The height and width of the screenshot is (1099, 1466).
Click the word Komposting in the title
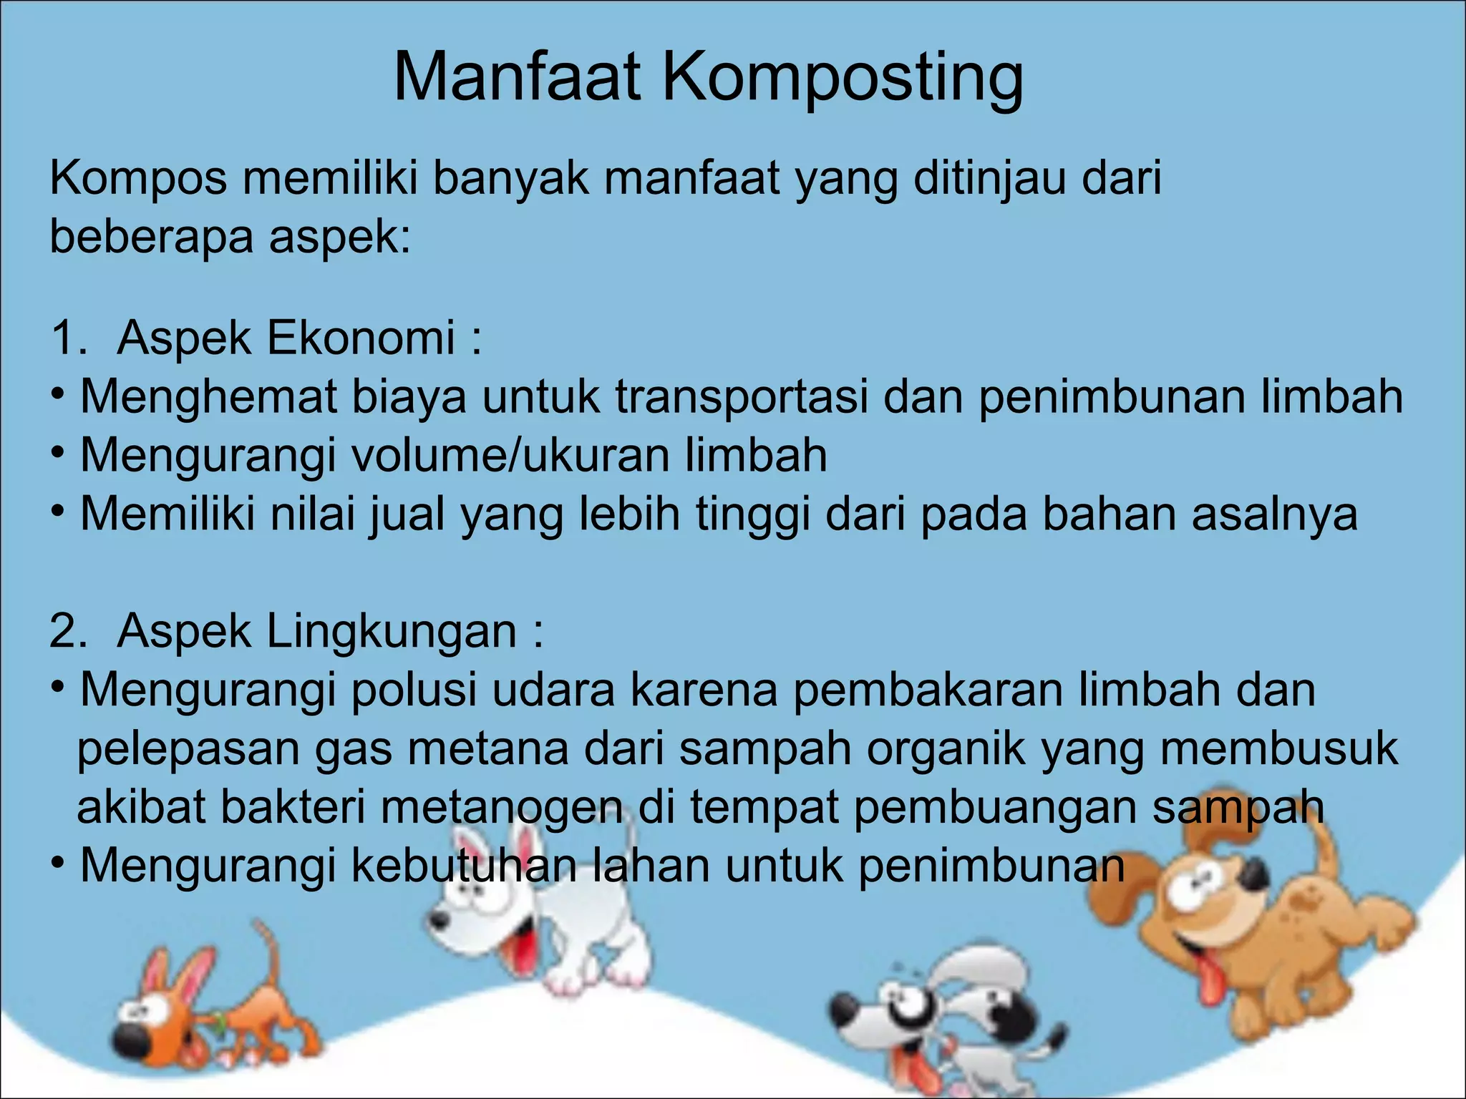pos(843,79)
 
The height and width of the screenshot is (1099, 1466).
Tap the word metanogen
pos(501,807)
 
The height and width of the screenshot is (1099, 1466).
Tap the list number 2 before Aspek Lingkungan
pos(68,631)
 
